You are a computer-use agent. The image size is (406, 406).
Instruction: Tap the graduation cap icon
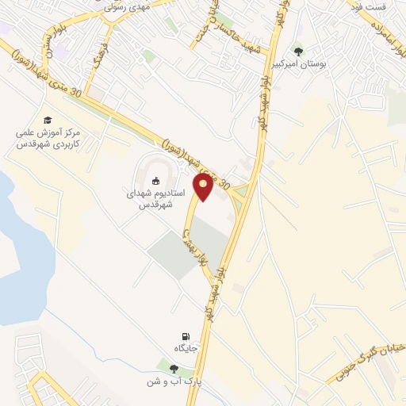48,119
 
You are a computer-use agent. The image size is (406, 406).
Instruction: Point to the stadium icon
155,179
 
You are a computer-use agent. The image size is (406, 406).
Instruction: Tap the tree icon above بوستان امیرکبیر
298,51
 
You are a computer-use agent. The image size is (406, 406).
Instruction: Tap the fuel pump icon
186,336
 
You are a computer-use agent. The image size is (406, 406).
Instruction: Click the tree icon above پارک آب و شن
173,368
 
